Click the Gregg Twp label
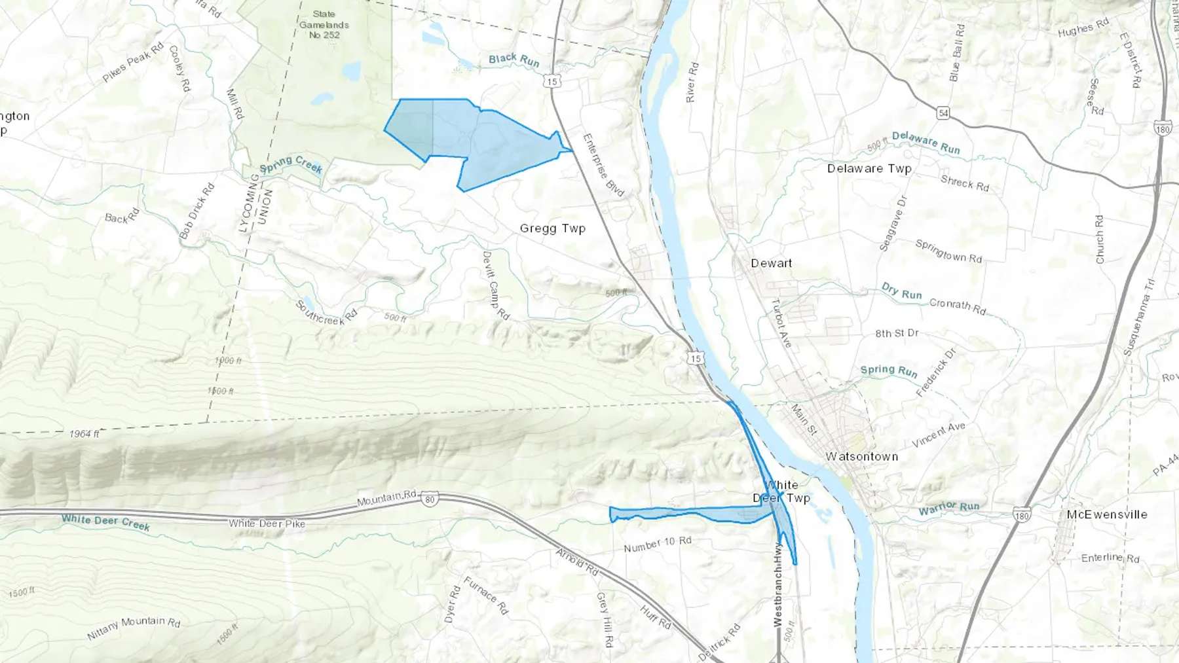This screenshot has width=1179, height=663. click(x=552, y=228)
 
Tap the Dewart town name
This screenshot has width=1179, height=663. click(x=771, y=263)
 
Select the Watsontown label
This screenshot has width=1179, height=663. click(x=861, y=456)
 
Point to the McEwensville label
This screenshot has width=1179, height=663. click(x=1106, y=514)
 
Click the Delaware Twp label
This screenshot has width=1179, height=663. click(x=869, y=168)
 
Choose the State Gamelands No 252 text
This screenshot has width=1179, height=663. click(x=324, y=24)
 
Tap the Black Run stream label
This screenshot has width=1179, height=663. click(x=514, y=60)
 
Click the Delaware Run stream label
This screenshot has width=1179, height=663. click(x=926, y=143)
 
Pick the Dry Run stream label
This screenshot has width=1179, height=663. click(x=901, y=291)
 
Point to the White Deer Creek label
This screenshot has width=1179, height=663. click(x=105, y=522)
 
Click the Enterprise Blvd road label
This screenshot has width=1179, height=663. click(x=603, y=165)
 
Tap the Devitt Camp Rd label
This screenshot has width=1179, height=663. click(x=495, y=285)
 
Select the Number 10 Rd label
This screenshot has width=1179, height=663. click(x=657, y=544)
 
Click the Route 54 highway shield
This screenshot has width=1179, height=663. click(x=943, y=113)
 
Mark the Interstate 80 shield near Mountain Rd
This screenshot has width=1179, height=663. click(x=429, y=500)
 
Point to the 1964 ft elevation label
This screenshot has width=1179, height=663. click(x=84, y=433)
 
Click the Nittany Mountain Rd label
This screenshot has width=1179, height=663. click(x=134, y=627)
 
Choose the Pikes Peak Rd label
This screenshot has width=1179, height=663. click(x=133, y=63)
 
